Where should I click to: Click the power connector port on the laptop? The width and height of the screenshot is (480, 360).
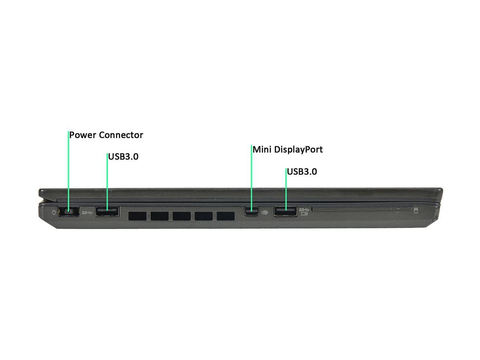click(x=69, y=211)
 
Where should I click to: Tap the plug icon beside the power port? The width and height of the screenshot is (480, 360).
click(x=54, y=212)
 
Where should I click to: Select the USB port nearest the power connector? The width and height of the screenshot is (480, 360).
click(x=107, y=211)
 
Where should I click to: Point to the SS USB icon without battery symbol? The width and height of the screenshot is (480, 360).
click(x=87, y=212)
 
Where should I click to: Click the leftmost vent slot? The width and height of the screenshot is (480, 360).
click(x=137, y=216)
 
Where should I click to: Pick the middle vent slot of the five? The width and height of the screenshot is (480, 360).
click(x=181, y=216)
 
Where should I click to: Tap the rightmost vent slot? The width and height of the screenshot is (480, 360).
click(x=226, y=216)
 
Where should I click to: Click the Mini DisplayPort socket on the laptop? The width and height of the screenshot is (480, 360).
click(x=251, y=211)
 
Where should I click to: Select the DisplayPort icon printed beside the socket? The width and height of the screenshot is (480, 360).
click(x=265, y=212)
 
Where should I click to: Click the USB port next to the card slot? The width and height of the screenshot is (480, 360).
click(x=285, y=211)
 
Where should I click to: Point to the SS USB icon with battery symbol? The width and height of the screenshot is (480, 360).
click(x=304, y=211)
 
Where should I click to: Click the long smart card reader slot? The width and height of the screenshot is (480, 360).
click(x=362, y=210)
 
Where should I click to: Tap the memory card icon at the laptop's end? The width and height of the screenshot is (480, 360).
click(x=416, y=210)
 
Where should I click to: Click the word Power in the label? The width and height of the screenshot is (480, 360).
click(x=83, y=135)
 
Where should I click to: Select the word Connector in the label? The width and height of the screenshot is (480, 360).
click(x=121, y=135)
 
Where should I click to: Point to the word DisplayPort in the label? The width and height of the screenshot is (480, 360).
click(x=298, y=150)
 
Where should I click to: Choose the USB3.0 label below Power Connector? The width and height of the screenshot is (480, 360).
click(x=123, y=157)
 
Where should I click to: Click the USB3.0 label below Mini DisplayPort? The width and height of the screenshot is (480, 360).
click(x=302, y=172)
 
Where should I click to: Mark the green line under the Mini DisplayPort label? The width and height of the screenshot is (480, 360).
click(x=252, y=178)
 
